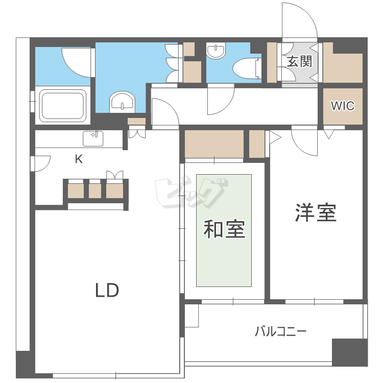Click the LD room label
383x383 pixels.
click(107, 290)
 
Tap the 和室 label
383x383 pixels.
click(225, 229)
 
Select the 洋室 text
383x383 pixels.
click(316, 212)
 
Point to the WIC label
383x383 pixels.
click(342, 106)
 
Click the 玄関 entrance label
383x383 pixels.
click(300, 62)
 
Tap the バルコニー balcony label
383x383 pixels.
click(281, 332)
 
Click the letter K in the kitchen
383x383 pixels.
click(79, 159)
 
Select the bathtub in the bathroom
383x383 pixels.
click(63, 106)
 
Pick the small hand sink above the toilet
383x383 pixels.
click(217, 51)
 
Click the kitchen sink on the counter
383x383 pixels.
click(93, 138)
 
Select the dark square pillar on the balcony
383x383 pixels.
click(350, 352)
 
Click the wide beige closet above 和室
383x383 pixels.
click(214, 145)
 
